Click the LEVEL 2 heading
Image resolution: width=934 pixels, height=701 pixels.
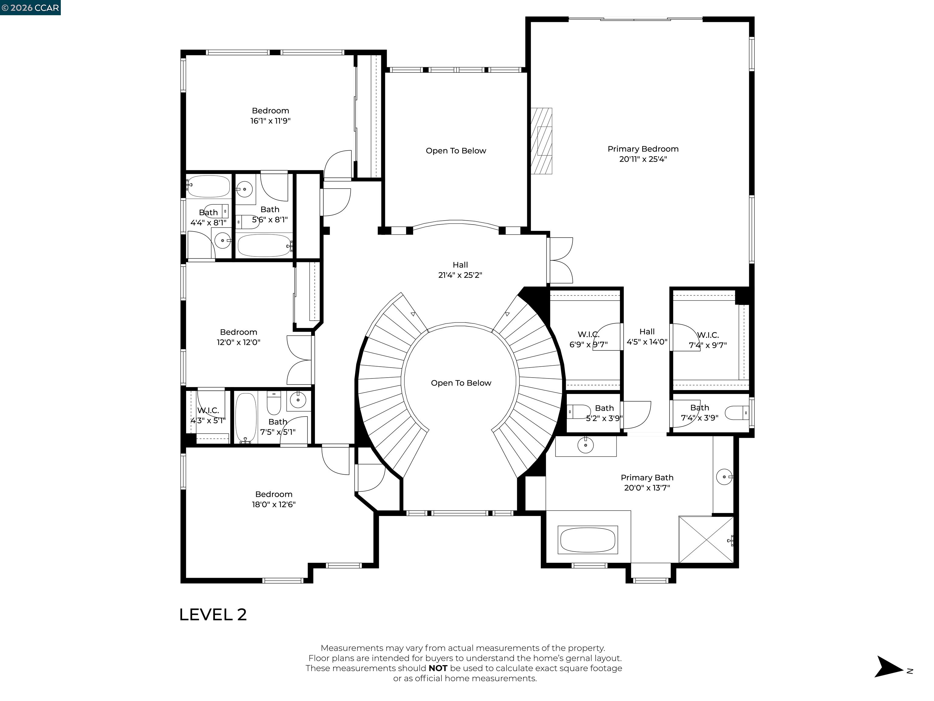coord(213,614)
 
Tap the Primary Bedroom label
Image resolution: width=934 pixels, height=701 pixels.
coord(643,149)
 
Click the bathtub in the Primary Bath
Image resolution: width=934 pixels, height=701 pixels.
coord(587,539)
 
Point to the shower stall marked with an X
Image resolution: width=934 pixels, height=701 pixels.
coord(706,539)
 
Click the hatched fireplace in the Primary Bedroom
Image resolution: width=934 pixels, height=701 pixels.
coord(541,141)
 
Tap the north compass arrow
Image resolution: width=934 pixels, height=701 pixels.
coord(889,666)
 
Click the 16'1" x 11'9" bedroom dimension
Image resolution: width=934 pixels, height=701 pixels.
coord(270,121)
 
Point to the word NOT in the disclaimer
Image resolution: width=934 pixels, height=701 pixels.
coord(438,668)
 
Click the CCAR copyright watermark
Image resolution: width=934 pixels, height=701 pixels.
coord(30,8)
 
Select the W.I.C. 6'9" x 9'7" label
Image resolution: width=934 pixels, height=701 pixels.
coord(588,339)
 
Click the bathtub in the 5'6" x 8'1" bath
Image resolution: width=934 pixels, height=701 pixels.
coord(264,246)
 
